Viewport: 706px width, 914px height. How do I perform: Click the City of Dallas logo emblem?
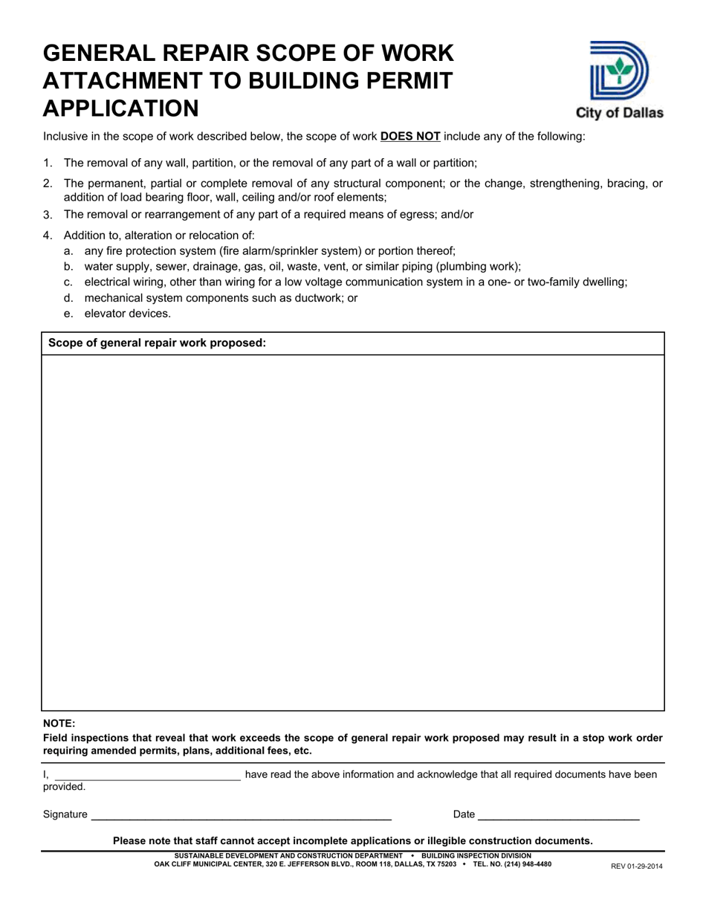pos(618,71)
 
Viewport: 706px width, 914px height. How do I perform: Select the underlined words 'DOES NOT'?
pos(410,137)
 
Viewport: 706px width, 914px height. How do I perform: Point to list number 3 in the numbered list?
pos(48,215)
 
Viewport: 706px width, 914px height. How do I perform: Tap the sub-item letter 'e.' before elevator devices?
pos(68,314)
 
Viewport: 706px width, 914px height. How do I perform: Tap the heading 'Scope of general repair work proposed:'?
pos(157,343)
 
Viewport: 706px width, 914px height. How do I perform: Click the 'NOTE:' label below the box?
pos(59,723)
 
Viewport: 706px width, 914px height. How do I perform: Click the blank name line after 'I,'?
pos(146,775)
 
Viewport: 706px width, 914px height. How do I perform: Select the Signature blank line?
pos(241,815)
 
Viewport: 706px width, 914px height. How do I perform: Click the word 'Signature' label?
pos(65,814)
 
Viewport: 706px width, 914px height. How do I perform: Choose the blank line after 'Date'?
pos(559,815)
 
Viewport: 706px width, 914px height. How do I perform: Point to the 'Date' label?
pos(464,814)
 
